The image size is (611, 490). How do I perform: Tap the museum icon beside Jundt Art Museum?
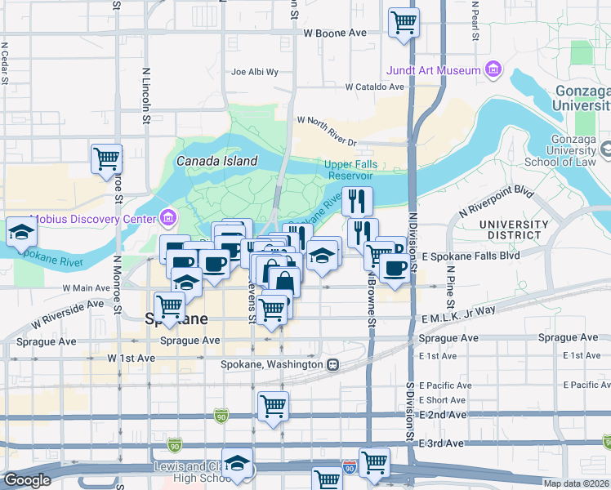[493, 70]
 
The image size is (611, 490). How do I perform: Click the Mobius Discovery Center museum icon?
[168, 219]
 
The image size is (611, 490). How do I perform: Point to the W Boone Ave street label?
[335, 33]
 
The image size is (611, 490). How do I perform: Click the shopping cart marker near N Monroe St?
[106, 158]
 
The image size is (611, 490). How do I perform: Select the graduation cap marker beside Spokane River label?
[20, 232]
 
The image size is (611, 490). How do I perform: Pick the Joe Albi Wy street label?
[255, 72]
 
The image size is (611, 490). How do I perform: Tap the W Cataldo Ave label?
[374, 87]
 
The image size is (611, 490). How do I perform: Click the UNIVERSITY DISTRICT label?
[514, 230]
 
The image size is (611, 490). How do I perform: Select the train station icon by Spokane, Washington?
[332, 364]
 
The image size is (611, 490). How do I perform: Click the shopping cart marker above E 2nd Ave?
[273, 406]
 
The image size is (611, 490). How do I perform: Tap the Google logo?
[27, 480]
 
